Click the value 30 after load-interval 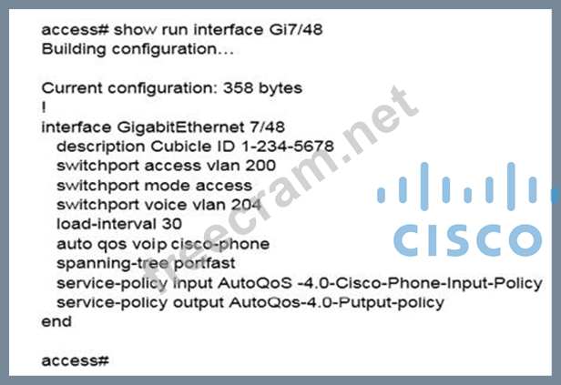(x=172, y=223)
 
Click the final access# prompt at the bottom (x=76, y=361)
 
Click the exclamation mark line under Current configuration (x=44, y=106)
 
